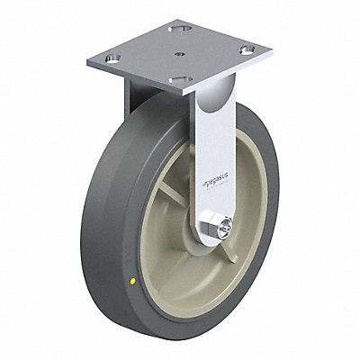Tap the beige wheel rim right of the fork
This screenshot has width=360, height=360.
[253, 207]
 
